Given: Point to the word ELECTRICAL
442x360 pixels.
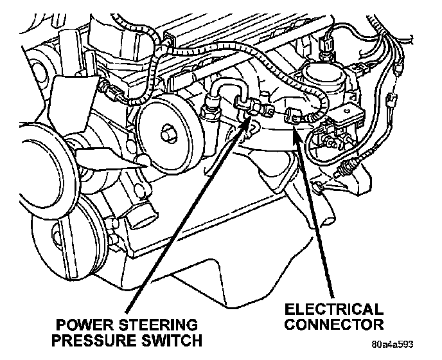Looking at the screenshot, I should (333, 309).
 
